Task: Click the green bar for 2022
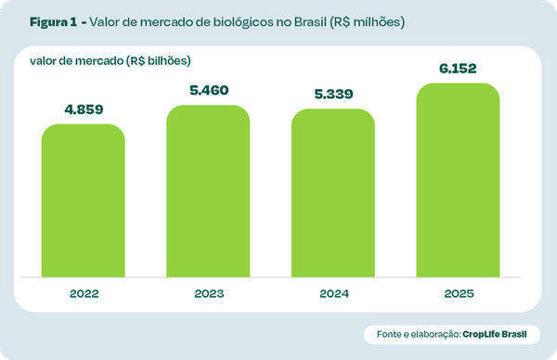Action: pyautogui.click(x=84, y=199)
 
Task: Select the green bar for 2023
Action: pyautogui.click(x=208, y=190)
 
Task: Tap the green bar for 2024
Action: pyautogui.click(x=333, y=193)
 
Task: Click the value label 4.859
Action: pyautogui.click(x=84, y=109)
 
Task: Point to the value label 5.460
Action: pyautogui.click(x=208, y=91)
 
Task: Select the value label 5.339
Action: pyautogui.click(x=333, y=95)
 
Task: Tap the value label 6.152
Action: pyautogui.click(x=459, y=68)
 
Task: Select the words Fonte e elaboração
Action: pyautogui.click(x=418, y=333)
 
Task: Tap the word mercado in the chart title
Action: pyautogui.click(x=152, y=20)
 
